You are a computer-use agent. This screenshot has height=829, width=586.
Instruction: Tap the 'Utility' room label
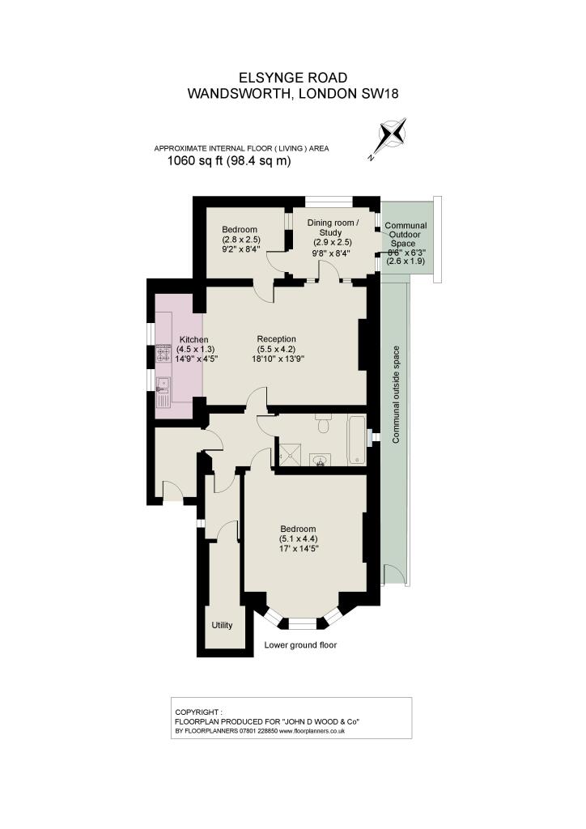(x=222, y=625)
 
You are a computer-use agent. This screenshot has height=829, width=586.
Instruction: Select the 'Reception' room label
(x=276, y=339)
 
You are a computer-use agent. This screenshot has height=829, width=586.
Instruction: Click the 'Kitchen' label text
(x=194, y=340)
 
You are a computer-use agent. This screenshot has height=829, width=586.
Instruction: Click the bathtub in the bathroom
(x=357, y=440)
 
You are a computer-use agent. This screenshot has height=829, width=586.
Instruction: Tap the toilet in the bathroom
(x=323, y=423)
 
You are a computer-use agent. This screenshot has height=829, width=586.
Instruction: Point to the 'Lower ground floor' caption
(x=300, y=645)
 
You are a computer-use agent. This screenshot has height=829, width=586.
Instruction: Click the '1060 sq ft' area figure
(x=195, y=161)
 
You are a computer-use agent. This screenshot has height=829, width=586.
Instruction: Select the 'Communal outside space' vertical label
(x=397, y=395)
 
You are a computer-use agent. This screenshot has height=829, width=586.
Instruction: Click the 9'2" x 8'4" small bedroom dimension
(x=240, y=249)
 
